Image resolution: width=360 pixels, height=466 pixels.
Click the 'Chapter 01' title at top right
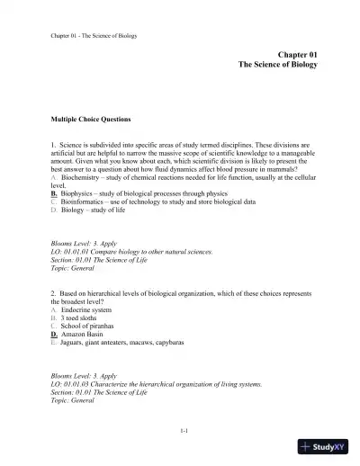pos(298,55)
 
